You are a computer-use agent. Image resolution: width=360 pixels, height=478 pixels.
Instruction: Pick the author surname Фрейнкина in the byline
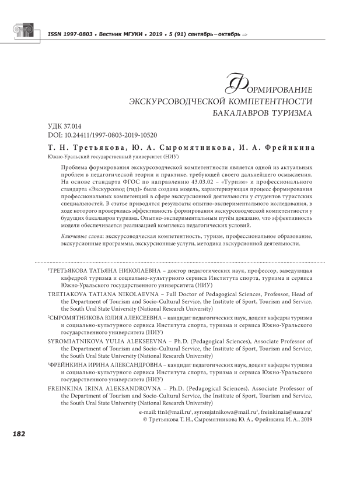(x=288, y=149)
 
